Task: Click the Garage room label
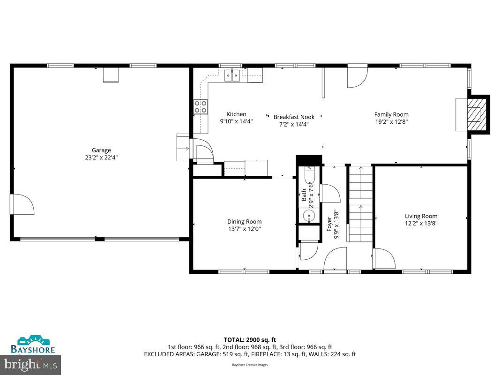(101, 150)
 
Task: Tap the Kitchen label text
(236, 114)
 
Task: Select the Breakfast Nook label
(294, 117)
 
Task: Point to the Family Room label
(391, 114)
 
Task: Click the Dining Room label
(244, 222)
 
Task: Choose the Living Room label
(421, 216)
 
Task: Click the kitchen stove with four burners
(201, 107)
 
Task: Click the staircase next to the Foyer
(360, 204)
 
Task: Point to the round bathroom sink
(308, 216)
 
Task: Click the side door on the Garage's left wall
(22, 204)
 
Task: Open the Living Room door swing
(384, 258)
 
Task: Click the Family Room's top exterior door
(357, 76)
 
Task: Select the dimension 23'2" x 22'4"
(101, 157)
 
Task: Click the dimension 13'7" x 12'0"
(244, 229)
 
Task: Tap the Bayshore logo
(33, 344)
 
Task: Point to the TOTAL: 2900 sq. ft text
(250, 340)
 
